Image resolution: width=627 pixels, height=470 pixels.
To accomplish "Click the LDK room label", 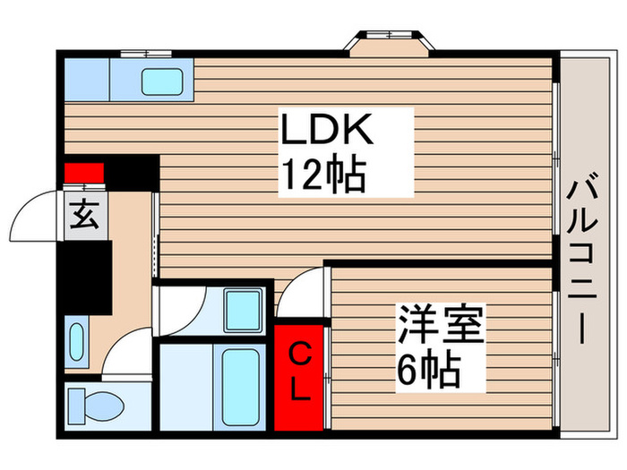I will pyautogui.click(x=323, y=132).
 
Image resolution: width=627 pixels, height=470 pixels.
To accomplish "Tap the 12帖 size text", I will pyautogui.click(x=323, y=175).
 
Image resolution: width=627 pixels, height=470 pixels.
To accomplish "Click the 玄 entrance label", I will pyautogui.click(x=84, y=214).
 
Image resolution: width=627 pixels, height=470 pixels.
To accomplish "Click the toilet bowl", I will pyautogui.click(x=104, y=406).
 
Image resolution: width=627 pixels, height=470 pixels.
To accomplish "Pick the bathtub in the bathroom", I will pyautogui.click(x=240, y=386).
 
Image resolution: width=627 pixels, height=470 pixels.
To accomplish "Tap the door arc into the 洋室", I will pyautogui.click(x=305, y=291).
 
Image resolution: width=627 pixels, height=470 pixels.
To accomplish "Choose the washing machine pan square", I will pyautogui.click(x=243, y=310).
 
